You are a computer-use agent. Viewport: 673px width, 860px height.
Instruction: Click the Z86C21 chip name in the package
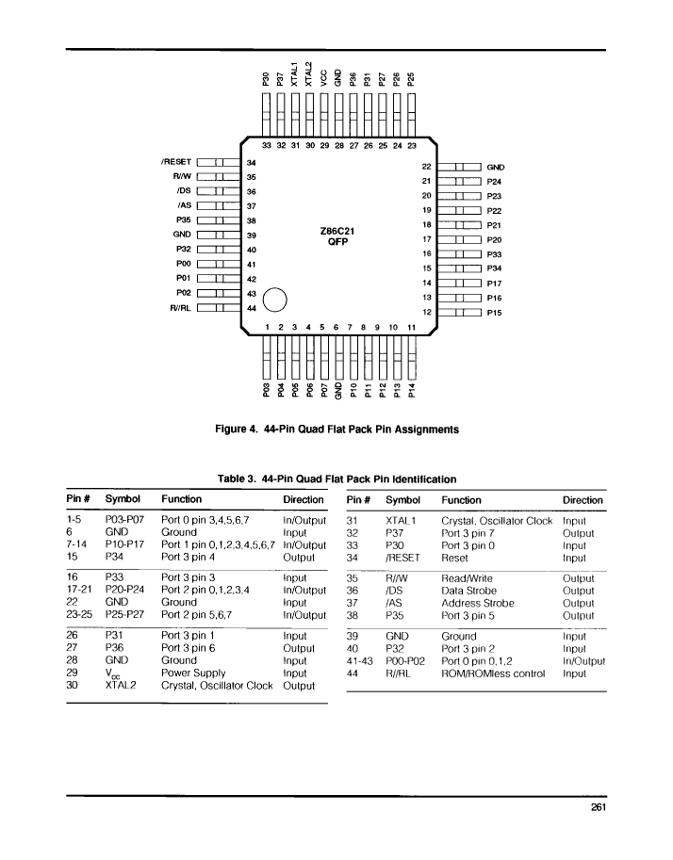pyautogui.click(x=337, y=231)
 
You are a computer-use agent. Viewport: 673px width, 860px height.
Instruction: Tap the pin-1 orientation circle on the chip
pyautogui.click(x=275, y=300)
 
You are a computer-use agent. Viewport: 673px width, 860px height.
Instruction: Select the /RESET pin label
pyautogui.click(x=176, y=162)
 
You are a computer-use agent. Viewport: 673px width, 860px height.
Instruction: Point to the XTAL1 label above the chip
pyautogui.click(x=295, y=74)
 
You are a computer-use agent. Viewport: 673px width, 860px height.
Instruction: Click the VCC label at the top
pyautogui.click(x=324, y=78)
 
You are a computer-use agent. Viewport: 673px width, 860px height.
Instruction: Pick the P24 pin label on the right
pyautogui.click(x=494, y=182)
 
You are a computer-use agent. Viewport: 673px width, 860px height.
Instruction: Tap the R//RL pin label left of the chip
pyautogui.click(x=181, y=308)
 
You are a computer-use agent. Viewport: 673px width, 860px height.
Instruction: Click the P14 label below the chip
pyautogui.click(x=412, y=390)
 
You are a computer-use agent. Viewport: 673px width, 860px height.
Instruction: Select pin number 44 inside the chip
pyautogui.click(x=252, y=308)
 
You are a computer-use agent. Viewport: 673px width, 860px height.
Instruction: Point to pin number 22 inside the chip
pyautogui.click(x=427, y=167)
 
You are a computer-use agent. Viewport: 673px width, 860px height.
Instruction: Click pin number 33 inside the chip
pyautogui.click(x=267, y=145)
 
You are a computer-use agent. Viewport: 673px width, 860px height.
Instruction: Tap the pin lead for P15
pyautogui.click(x=460, y=312)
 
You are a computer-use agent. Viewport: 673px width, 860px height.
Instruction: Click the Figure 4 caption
pyautogui.click(x=337, y=430)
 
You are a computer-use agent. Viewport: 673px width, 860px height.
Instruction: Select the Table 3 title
pyautogui.click(x=337, y=479)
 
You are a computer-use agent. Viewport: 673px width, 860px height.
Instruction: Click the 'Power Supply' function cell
pyautogui.click(x=193, y=673)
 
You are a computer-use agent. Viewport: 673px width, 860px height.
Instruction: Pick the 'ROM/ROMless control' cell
pyautogui.click(x=494, y=673)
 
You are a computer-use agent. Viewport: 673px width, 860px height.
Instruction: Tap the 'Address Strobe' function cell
pyautogui.click(x=478, y=603)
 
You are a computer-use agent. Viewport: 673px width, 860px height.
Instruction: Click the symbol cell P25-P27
pyautogui.click(x=124, y=615)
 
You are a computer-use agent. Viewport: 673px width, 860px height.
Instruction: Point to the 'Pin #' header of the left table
pyautogui.click(x=77, y=498)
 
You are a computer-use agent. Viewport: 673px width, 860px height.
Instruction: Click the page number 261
pyautogui.click(x=599, y=807)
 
